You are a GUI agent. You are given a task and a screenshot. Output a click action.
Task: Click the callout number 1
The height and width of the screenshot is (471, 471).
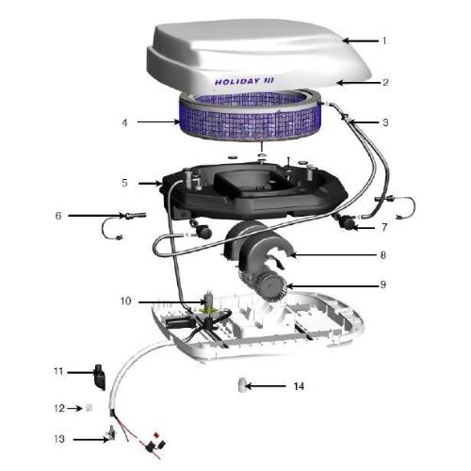pyautogui.click(x=384, y=41)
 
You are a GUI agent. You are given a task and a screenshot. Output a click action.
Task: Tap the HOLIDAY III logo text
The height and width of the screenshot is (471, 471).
pyautogui.click(x=244, y=81)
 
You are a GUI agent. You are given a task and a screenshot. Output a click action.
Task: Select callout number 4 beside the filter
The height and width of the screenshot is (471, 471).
pyautogui.click(x=124, y=122)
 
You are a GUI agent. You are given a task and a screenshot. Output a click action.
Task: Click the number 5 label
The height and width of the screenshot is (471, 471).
pyautogui.click(x=124, y=183)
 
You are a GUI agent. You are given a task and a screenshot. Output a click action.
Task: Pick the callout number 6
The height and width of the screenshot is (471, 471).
pyautogui.click(x=58, y=216)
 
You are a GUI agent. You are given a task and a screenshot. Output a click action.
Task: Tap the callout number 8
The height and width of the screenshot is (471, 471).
pyautogui.click(x=384, y=227)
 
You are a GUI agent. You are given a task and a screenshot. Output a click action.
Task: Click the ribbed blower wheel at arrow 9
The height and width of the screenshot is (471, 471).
pyautogui.click(x=382, y=255)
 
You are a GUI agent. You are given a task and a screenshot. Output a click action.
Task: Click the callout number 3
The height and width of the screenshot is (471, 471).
pyautogui.click(x=385, y=122)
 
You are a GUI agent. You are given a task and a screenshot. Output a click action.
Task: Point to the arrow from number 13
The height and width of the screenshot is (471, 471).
pyautogui.click(x=91, y=440)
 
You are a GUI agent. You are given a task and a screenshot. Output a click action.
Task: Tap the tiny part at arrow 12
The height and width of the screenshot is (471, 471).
pyautogui.click(x=89, y=408)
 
